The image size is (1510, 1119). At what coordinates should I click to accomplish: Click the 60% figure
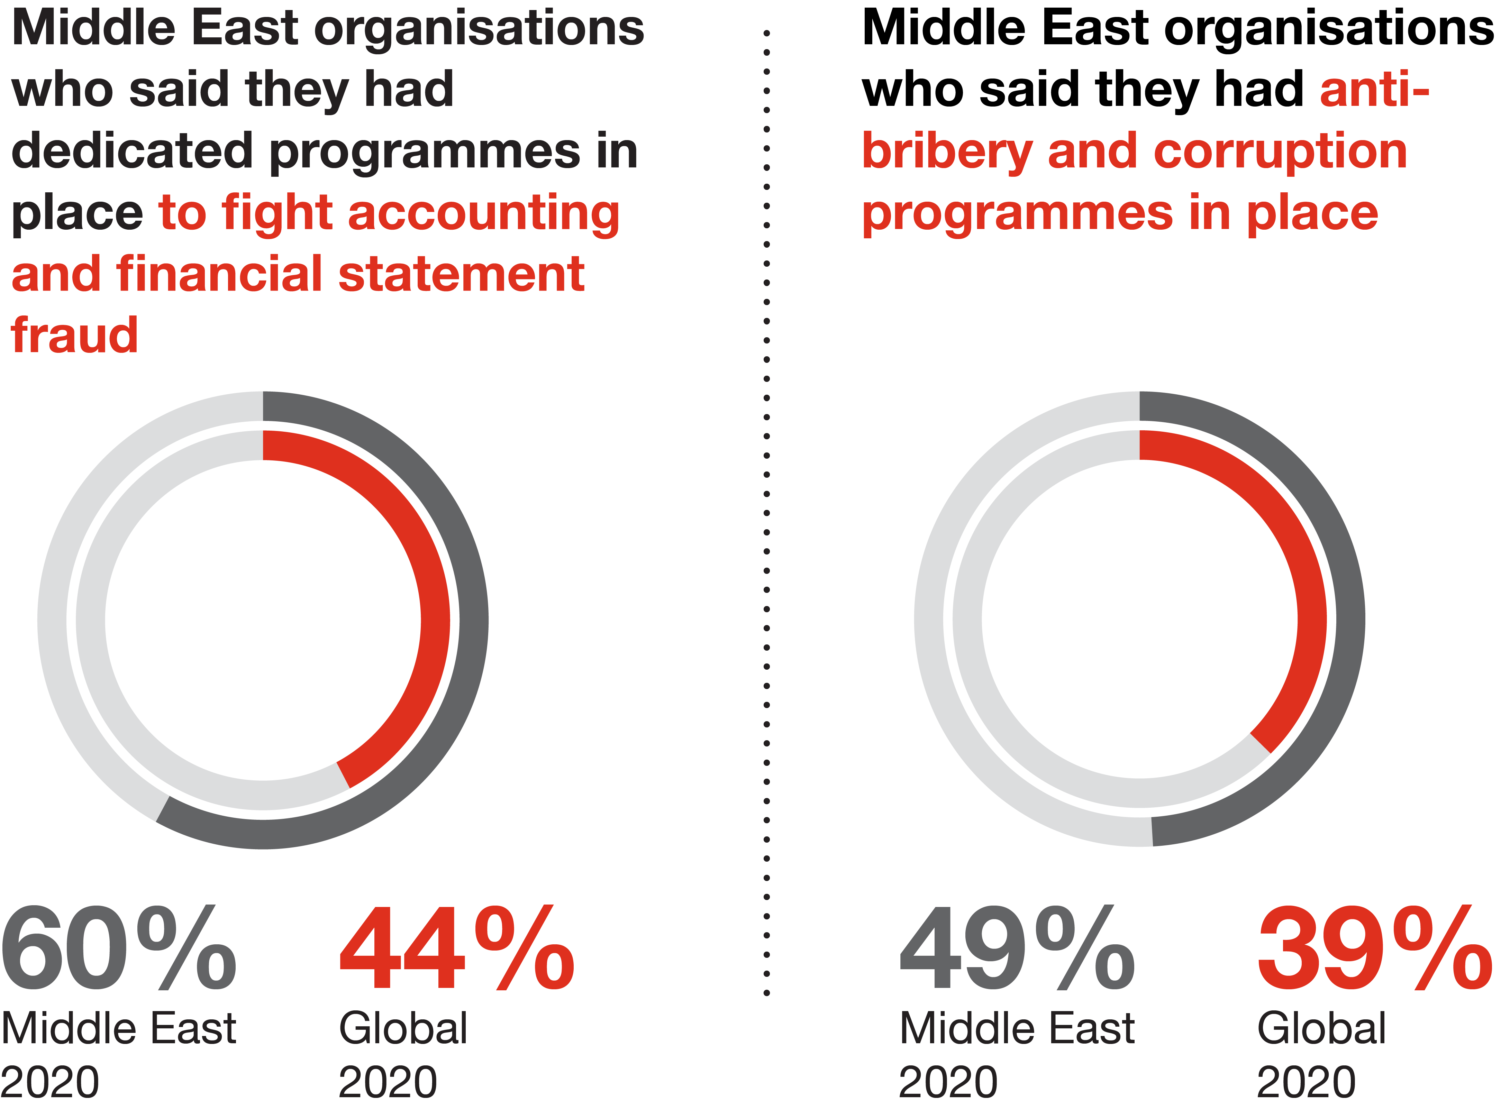click(x=119, y=948)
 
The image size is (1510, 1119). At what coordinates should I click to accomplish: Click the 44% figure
click(x=456, y=948)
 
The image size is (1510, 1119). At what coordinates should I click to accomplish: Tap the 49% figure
click(x=1016, y=948)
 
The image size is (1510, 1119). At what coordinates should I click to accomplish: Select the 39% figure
click(x=1374, y=948)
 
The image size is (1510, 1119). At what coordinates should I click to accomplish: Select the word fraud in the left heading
click(x=74, y=336)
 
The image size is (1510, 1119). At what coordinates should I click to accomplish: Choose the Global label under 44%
click(x=403, y=1028)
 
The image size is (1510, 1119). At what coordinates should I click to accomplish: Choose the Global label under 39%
click(x=1321, y=1028)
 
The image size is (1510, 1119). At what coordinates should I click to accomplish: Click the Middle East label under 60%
click(x=119, y=1028)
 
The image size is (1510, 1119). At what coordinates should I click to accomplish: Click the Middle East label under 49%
click(x=1016, y=1028)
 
